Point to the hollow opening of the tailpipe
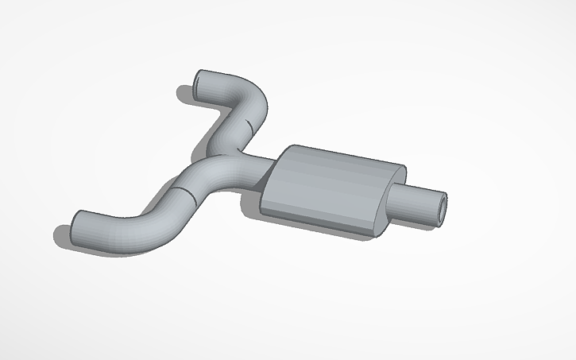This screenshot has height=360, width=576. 442,206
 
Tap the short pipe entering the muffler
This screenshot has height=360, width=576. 258,167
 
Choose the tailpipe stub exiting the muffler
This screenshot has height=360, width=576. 417,203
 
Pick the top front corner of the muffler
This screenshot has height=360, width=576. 291,148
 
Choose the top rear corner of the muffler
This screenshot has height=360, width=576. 402,168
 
